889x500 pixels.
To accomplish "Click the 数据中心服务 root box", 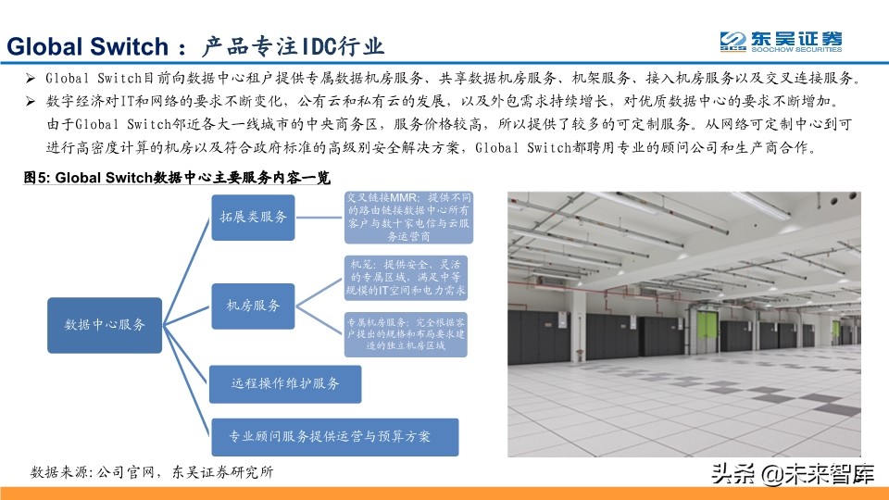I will coord(105,324).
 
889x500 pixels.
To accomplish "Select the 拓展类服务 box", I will coord(252,218).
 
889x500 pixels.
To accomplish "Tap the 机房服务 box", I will coord(253,304).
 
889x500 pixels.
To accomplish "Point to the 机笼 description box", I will coord(406,276).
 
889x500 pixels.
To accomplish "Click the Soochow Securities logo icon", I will coord(733,42).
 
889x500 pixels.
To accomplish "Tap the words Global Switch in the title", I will coord(87,46).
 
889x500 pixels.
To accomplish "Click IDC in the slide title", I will coord(318,46).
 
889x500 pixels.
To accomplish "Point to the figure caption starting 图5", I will coord(176,177).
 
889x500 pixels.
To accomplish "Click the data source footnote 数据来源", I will coord(152,472).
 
